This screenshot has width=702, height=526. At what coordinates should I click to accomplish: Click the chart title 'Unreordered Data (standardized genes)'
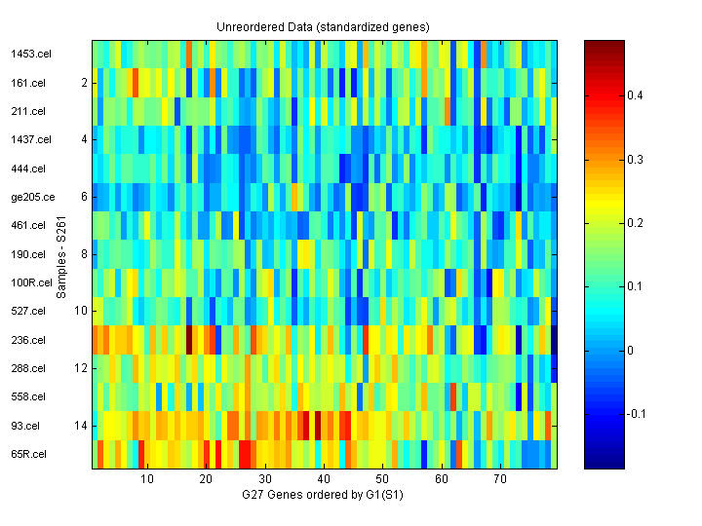[x=323, y=26]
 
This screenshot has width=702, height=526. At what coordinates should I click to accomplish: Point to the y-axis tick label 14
[x=82, y=426]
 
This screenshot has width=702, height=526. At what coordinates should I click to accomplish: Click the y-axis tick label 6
[x=85, y=197]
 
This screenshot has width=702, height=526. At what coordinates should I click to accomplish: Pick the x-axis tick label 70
[x=500, y=480]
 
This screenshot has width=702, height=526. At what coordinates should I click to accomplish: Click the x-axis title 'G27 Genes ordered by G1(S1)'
[x=323, y=496]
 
